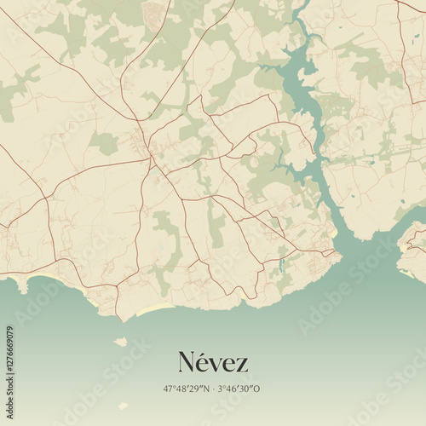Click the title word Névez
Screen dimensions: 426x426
coord(213,363)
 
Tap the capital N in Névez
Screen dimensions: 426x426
coord(187,363)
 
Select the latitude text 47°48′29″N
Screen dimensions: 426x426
coord(187,389)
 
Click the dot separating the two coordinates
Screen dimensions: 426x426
coord(213,389)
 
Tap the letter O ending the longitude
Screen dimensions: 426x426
coord(257,389)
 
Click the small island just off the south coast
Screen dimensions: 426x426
coord(120,342)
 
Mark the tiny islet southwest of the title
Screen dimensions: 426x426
coord(123,406)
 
